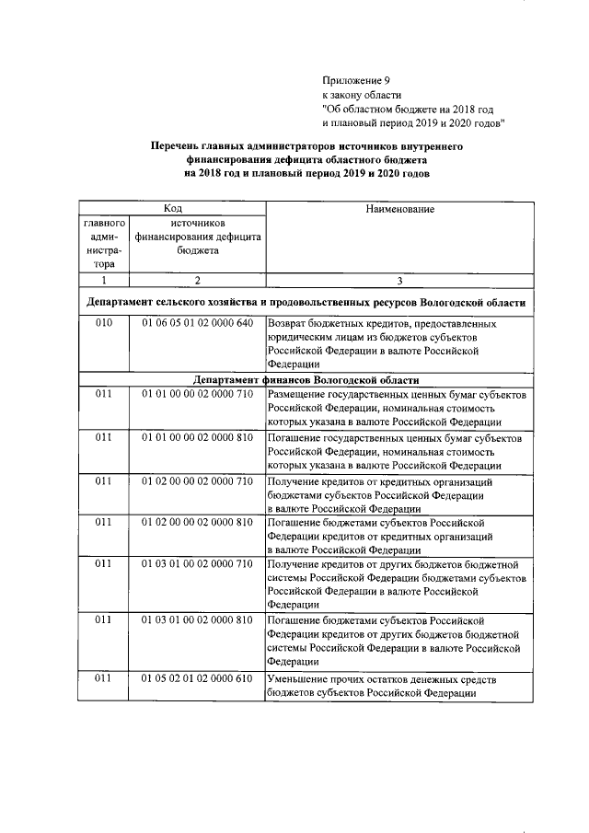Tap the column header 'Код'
(172, 209)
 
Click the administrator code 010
(103, 324)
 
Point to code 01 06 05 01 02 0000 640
(197, 324)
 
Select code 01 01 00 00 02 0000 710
(197, 394)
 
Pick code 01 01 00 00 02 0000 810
(197, 438)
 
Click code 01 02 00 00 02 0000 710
(197, 481)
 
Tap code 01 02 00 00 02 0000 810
(197, 523)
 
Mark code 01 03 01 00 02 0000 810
(197, 620)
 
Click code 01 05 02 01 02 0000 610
(197, 679)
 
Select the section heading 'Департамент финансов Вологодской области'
(306, 380)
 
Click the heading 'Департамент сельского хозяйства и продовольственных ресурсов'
(306, 302)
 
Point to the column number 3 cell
(398, 279)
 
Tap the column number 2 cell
(197, 279)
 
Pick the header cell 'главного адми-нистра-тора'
(103, 243)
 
